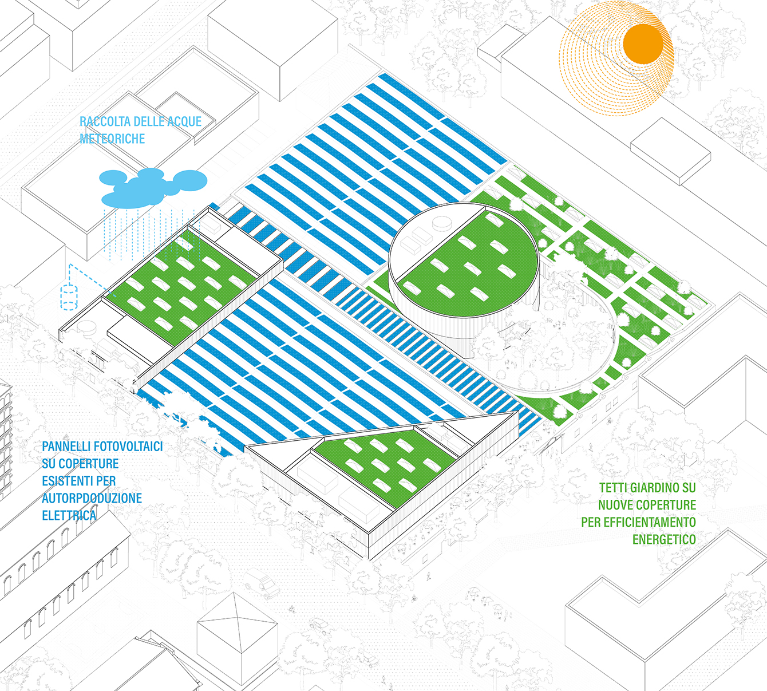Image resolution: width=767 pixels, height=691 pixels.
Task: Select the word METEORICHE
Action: pos(112,139)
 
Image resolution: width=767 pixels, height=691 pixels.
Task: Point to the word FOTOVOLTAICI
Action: pos(128,447)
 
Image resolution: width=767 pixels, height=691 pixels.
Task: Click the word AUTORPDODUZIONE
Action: pos(92,498)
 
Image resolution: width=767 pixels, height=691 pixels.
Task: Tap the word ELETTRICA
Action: pos(69,515)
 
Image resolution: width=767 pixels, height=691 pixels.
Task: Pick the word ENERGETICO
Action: pos(664,539)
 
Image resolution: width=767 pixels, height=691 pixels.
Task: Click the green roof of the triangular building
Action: pos(383,464)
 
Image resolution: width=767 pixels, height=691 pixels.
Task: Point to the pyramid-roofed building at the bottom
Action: pos(236,635)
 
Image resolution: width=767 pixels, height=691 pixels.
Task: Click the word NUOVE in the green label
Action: pos(615,505)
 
